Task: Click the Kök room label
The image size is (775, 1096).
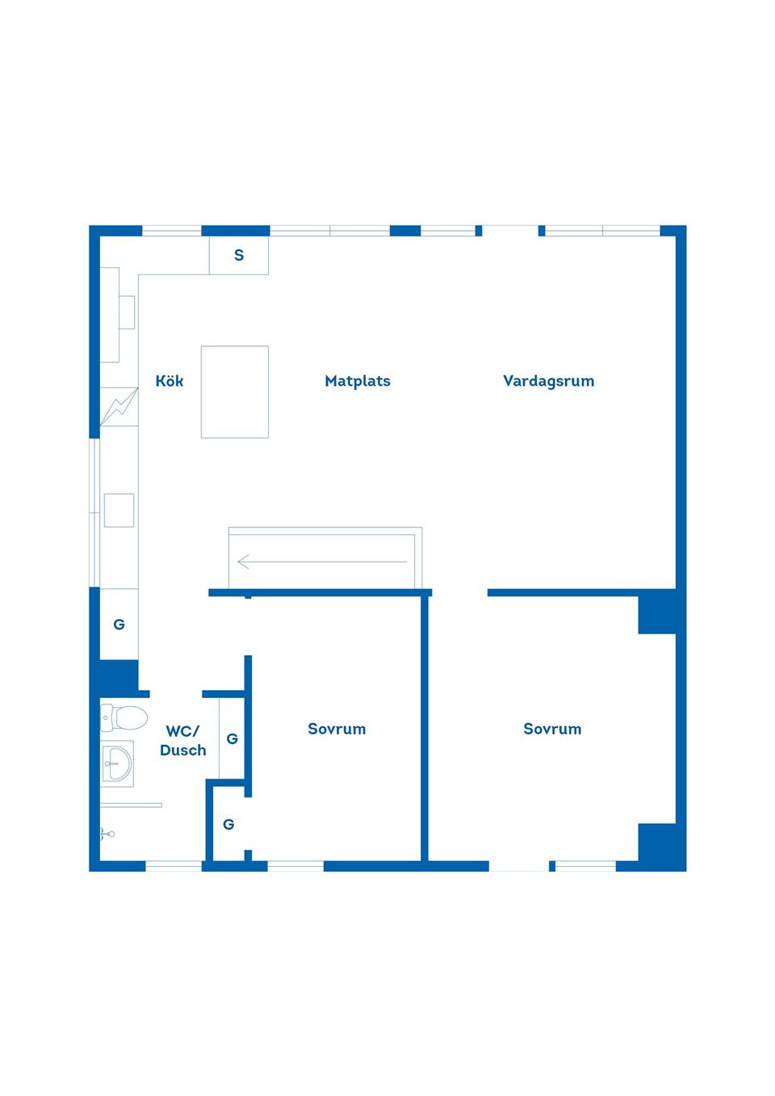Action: click(170, 381)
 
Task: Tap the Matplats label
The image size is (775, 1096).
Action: click(358, 381)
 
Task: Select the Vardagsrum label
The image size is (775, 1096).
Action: click(548, 381)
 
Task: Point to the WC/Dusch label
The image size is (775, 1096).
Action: click(183, 740)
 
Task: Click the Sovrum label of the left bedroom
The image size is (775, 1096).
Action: click(337, 729)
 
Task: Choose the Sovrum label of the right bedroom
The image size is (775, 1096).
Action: click(552, 729)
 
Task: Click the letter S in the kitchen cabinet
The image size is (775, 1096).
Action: click(239, 255)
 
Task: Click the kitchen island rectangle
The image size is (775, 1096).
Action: click(235, 392)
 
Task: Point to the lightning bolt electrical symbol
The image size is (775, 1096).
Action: click(119, 407)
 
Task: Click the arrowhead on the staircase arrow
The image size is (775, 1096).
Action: click(243, 562)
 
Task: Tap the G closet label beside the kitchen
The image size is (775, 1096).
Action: click(119, 625)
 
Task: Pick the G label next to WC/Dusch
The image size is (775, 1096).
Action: click(232, 738)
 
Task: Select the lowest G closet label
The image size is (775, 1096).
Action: click(228, 825)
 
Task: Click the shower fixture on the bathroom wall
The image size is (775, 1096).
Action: click(107, 834)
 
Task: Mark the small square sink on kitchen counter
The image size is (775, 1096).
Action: click(119, 510)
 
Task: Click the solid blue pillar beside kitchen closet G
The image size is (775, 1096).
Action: click(119, 676)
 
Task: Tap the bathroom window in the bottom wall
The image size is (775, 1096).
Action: click(174, 867)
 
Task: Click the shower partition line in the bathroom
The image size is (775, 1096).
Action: click(131, 805)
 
